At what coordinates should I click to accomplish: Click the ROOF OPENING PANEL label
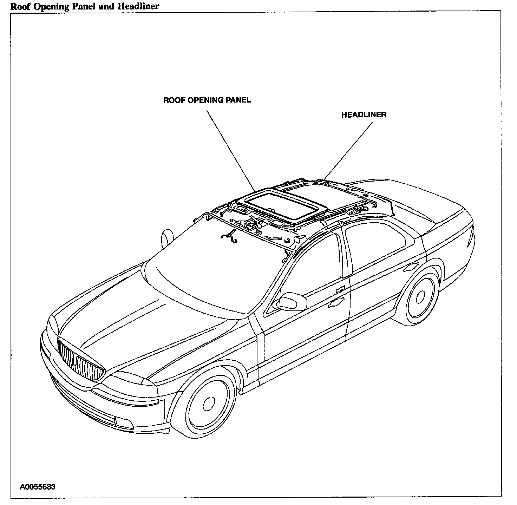tap(207, 100)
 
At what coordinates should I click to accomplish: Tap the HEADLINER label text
tap(364, 115)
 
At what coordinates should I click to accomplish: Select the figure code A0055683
tap(38, 487)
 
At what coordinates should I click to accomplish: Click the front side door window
tap(313, 267)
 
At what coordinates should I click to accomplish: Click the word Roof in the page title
tap(19, 6)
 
